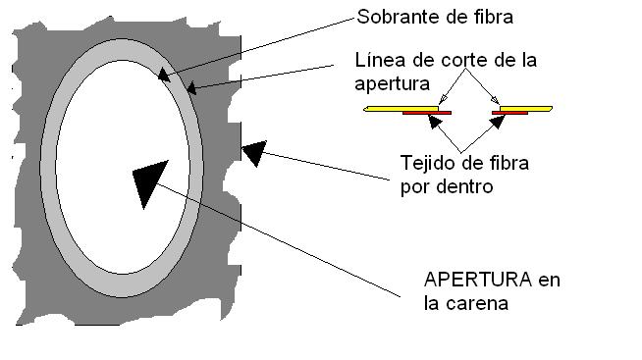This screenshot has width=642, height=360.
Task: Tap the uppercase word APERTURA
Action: pyautogui.click(x=478, y=281)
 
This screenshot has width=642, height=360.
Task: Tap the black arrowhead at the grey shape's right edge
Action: pyautogui.click(x=254, y=153)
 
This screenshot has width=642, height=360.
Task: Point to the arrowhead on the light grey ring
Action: pyautogui.click(x=164, y=75)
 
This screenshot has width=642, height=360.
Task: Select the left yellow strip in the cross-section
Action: pyautogui.click(x=401, y=109)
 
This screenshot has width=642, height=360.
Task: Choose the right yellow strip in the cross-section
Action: pyautogui.click(x=526, y=109)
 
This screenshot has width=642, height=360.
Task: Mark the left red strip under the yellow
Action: pyautogui.click(x=427, y=113)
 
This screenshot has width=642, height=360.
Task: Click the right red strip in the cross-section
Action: pyautogui.click(x=509, y=113)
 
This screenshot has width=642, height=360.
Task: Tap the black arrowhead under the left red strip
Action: pyautogui.click(x=435, y=122)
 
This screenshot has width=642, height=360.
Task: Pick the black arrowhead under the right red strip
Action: pyautogui.click(x=498, y=122)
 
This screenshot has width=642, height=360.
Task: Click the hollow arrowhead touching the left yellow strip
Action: pyautogui.click(x=443, y=100)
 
